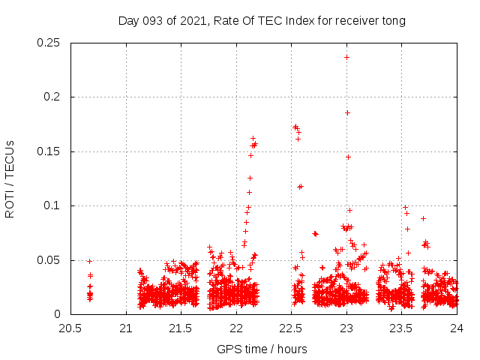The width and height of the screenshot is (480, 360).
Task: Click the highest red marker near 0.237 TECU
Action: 346,57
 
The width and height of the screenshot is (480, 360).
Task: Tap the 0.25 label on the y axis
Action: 49,43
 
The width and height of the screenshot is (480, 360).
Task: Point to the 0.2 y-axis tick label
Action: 55,97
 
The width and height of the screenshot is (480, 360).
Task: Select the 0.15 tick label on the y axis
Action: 49,151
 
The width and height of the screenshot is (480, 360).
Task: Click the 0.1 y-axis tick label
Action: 55,206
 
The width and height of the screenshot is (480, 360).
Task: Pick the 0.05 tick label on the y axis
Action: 49,260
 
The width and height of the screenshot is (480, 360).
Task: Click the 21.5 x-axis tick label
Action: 181,328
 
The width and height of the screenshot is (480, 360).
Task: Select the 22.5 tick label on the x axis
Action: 291,328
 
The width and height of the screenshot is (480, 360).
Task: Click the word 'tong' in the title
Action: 394,21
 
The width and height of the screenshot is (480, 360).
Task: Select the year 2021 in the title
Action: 193,21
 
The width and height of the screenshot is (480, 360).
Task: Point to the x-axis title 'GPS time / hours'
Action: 262,349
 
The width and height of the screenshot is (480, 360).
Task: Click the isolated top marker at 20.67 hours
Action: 89,261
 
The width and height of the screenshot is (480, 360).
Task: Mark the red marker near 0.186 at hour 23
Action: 347,112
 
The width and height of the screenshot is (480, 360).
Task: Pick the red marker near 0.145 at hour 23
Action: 348,157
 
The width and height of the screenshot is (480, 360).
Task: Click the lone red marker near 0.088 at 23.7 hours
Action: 423,218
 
